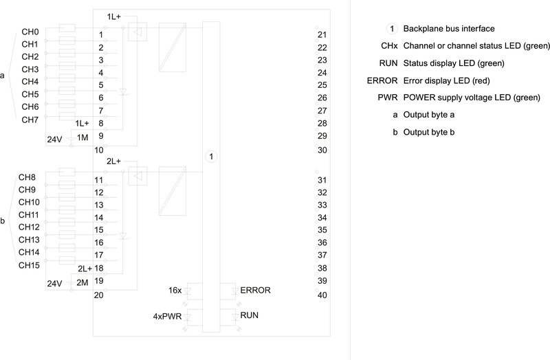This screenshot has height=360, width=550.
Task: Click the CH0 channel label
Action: (x=30, y=32)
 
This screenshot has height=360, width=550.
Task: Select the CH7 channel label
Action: (x=30, y=120)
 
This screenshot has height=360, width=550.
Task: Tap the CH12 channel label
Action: (x=29, y=227)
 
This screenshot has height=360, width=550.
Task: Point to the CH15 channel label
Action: (x=29, y=265)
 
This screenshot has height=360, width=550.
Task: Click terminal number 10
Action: (x=99, y=150)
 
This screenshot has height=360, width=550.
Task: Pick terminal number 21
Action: (x=322, y=35)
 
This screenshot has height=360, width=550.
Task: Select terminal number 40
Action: (x=322, y=295)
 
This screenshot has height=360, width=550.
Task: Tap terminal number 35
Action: (x=322, y=230)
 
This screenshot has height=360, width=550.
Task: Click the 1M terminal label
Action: (x=82, y=137)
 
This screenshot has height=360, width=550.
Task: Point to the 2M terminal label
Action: (x=82, y=282)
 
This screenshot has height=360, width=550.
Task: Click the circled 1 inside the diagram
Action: (x=211, y=157)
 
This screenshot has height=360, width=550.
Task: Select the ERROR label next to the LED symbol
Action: (x=255, y=290)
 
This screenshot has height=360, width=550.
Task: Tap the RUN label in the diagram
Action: (x=249, y=315)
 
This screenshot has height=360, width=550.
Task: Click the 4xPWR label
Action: (x=167, y=317)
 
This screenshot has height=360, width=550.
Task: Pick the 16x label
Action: (x=175, y=290)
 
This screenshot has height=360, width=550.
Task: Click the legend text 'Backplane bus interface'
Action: (x=449, y=29)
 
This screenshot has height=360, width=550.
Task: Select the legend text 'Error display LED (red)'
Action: (x=446, y=80)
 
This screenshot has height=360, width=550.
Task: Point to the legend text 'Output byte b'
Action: (x=428, y=132)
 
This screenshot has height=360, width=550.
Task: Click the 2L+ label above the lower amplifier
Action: (x=113, y=161)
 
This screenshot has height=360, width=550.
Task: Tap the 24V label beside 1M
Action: (x=54, y=139)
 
